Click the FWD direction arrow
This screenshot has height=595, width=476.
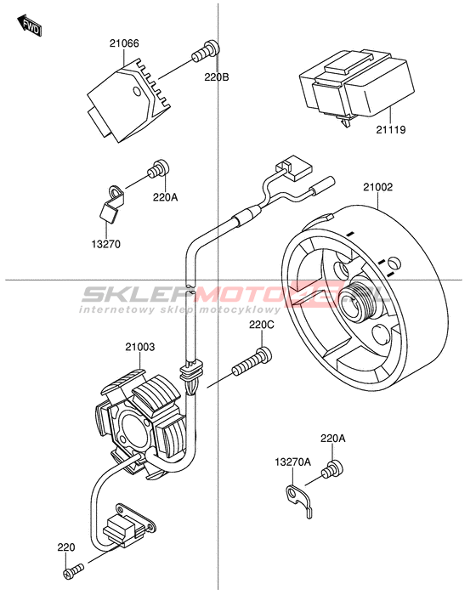(x=30, y=25)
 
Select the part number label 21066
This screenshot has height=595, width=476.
(x=124, y=43)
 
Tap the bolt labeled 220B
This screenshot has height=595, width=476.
(x=206, y=51)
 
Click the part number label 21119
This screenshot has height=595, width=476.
(x=391, y=130)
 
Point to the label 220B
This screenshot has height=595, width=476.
(x=217, y=77)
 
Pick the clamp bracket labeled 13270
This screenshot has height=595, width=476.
(x=110, y=203)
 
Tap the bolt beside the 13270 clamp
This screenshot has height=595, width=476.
(x=158, y=170)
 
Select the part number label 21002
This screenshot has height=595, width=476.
(x=377, y=187)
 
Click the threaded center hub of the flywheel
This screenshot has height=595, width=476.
(x=358, y=302)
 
